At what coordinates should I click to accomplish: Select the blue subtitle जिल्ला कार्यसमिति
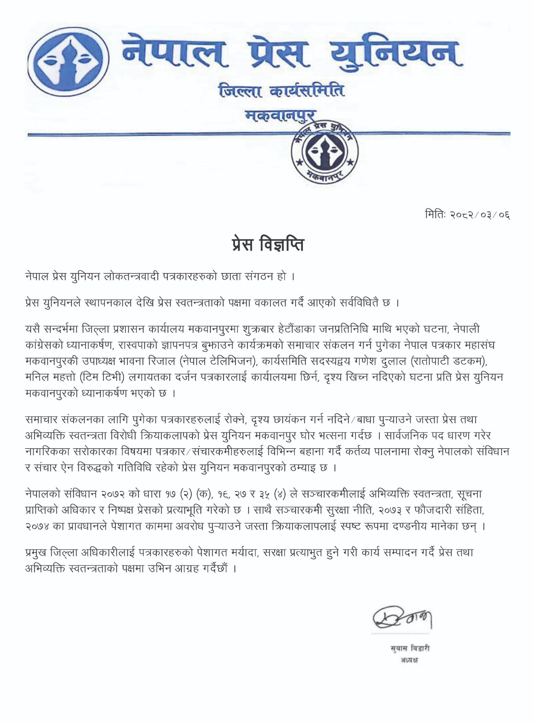tap(281, 91)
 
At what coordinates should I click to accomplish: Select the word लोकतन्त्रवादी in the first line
tap(131, 276)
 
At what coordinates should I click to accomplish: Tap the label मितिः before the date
tap(436, 215)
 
